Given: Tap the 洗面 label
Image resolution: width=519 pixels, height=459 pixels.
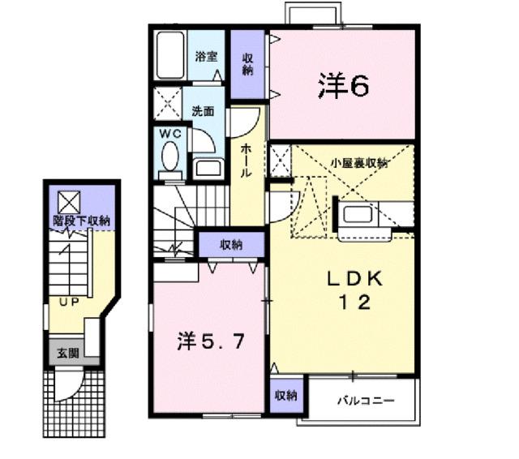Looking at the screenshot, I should click(203, 111).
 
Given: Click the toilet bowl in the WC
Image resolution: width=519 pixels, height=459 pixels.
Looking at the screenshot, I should click(171, 155).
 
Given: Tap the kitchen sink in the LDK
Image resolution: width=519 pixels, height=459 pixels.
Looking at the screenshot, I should click(357, 217).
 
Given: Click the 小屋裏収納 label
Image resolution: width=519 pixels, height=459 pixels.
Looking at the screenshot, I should click(358, 163).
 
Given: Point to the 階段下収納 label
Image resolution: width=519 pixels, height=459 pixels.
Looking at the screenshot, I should click(82, 220).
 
